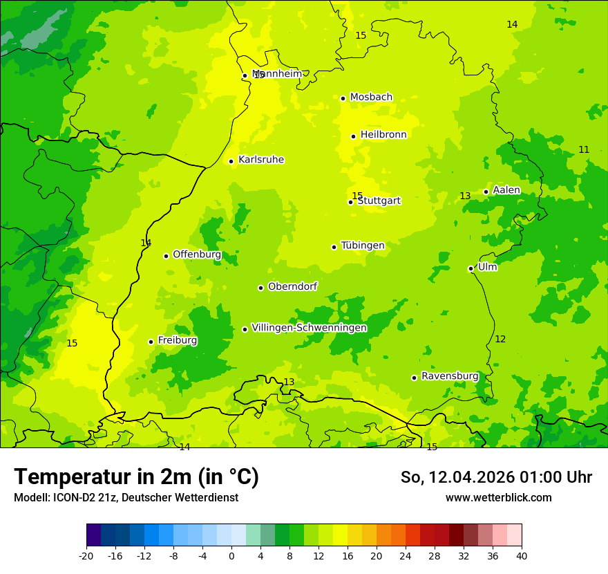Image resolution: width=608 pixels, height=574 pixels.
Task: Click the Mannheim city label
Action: click(276, 73)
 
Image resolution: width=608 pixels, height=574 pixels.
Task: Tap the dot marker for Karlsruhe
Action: click(231, 161)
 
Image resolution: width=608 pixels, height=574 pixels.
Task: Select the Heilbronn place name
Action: click(383, 135)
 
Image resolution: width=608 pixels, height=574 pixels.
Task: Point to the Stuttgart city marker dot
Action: click(351, 202)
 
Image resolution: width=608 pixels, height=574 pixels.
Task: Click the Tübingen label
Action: click(363, 246)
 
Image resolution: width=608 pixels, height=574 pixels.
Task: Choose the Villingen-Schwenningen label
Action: click(309, 328)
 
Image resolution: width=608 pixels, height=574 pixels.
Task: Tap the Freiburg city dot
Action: click(151, 342)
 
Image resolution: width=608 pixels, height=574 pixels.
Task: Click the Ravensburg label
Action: click(449, 376)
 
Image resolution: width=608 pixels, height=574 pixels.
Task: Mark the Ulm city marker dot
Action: click(471, 268)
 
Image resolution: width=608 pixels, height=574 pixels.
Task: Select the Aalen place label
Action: click(506, 190)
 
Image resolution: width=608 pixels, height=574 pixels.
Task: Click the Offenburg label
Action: click(197, 254)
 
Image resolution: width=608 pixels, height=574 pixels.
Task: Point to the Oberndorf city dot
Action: click(261, 288)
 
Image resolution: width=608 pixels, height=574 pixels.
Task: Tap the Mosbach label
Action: click(371, 98)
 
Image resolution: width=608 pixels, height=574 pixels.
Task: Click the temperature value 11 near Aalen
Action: click(584, 149)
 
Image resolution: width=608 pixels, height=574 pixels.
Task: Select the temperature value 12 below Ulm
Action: click(500, 339)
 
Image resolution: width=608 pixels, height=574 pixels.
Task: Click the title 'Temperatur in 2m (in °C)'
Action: click(136, 477)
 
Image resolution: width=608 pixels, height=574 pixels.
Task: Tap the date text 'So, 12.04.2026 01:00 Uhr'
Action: click(496, 477)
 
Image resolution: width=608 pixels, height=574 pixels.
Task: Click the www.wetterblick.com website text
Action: click(498, 497)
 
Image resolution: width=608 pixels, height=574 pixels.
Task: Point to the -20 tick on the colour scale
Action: click(86, 555)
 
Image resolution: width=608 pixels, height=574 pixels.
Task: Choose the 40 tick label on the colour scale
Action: click(522, 555)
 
